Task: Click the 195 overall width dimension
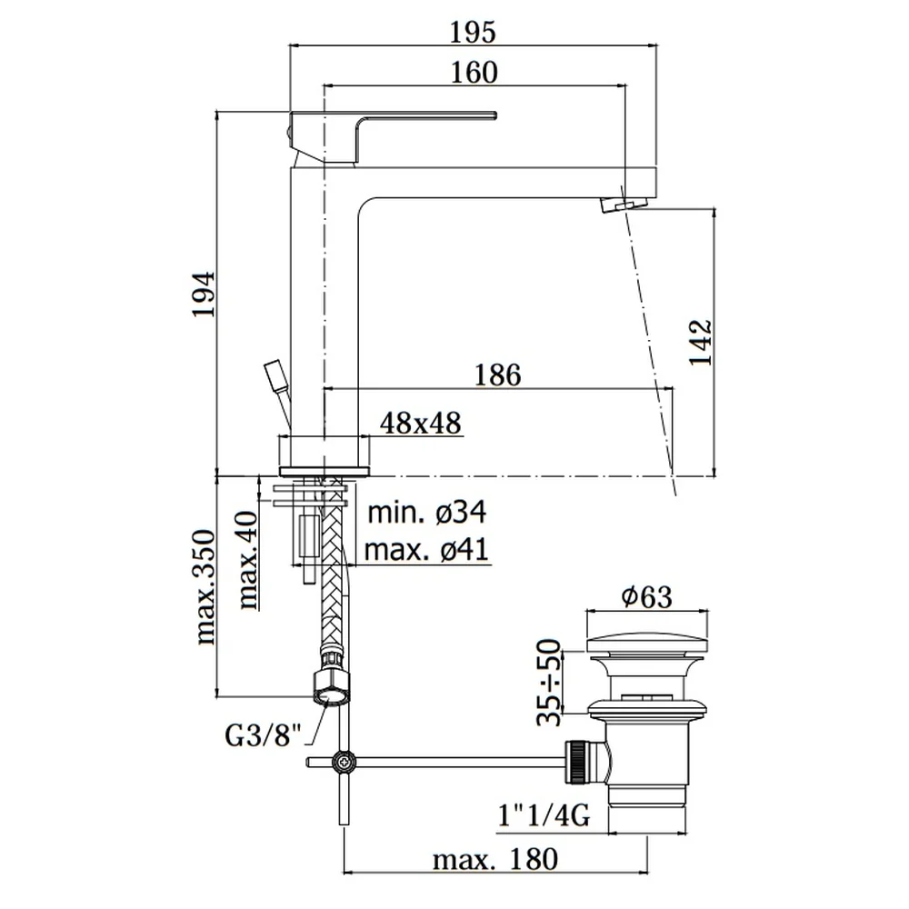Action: (473, 32)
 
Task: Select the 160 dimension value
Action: (474, 73)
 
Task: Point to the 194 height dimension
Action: (204, 294)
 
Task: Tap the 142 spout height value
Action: (700, 342)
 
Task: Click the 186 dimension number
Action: (498, 375)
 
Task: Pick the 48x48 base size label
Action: (421, 423)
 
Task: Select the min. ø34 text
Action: (427, 513)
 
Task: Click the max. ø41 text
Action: (426, 550)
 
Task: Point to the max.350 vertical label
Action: (205, 586)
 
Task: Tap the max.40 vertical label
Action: (248, 560)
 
